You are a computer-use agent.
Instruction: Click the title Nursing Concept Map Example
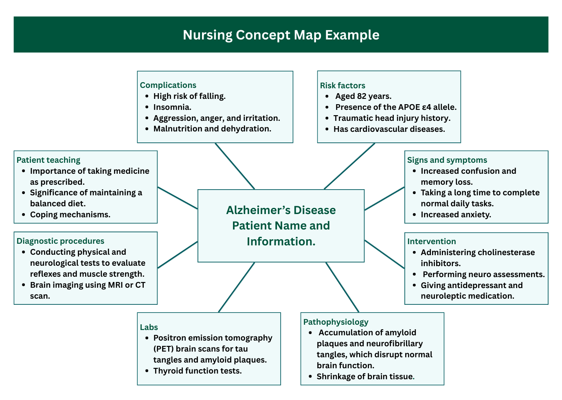pyautogui.click(x=281, y=35)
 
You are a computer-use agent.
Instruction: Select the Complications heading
pyautogui.click(x=168, y=85)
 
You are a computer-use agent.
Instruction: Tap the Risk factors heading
pyautogui.click(x=342, y=85)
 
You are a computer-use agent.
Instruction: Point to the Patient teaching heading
pyautogui.click(x=48, y=160)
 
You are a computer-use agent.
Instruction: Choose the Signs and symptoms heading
pyautogui.click(x=447, y=160)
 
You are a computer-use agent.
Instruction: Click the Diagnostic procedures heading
pyautogui.click(x=60, y=241)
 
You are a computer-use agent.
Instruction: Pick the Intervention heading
pyautogui.click(x=432, y=241)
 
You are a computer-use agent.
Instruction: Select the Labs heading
pyautogui.click(x=149, y=327)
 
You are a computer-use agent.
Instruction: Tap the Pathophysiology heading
pyautogui.click(x=336, y=322)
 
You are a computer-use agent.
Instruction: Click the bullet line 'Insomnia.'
pyautogui.click(x=172, y=107)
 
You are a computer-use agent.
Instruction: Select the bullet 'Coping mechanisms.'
pyautogui.click(x=70, y=214)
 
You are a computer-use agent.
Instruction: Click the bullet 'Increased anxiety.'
pyautogui.click(x=456, y=214)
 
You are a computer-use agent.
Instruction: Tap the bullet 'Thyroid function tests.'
pyautogui.click(x=198, y=371)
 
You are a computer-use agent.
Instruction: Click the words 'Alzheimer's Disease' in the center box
pyautogui.click(x=281, y=210)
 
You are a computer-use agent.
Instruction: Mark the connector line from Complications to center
pyautogui.click(x=235, y=166)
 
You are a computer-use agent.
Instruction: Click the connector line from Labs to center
pyautogui.click(x=237, y=287)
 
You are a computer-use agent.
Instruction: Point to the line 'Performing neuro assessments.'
pyautogui.click(x=483, y=274)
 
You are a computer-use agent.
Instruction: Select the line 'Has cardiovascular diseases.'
pyautogui.click(x=389, y=129)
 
